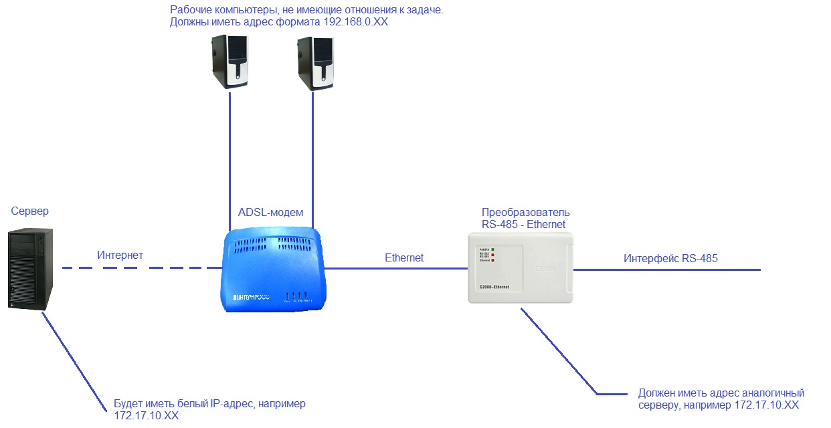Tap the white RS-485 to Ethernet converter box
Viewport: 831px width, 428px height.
521,267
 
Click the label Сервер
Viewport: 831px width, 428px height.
30,211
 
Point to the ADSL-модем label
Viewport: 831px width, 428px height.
270,213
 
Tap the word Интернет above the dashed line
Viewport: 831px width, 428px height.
120,255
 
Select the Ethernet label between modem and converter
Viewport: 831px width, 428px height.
404,257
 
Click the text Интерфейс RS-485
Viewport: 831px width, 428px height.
670,258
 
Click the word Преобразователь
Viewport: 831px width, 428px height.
526,213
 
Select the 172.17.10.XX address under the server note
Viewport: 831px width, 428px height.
147,416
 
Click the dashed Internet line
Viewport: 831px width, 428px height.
141,268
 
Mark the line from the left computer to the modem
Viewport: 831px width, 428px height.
229,160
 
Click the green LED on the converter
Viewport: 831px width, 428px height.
493,249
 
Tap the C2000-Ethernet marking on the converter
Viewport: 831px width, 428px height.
494,287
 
